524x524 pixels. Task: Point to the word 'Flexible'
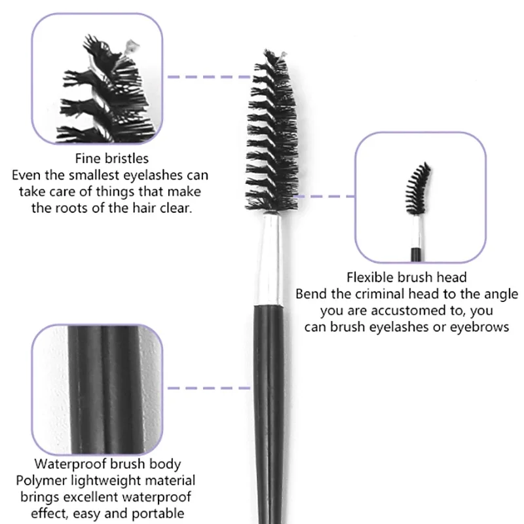point(369,277)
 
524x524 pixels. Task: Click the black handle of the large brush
point(270,415)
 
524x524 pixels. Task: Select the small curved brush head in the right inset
point(418,189)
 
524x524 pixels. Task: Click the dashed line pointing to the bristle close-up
point(209,77)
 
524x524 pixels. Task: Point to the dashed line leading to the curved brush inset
point(325,196)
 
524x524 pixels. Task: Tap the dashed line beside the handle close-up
point(209,388)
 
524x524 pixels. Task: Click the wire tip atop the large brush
point(283,55)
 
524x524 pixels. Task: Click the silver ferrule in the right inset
point(416,232)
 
